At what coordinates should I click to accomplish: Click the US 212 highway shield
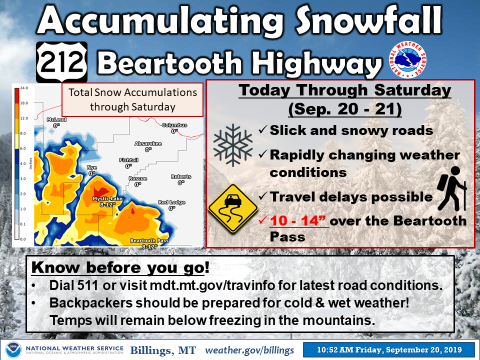click(x=62, y=62)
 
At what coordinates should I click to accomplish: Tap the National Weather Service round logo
click(x=407, y=59)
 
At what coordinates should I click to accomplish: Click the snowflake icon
click(x=233, y=145)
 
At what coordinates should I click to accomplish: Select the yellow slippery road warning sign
click(x=233, y=208)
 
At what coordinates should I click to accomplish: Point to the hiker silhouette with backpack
click(x=452, y=188)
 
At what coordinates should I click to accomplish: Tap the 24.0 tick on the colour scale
click(x=24, y=88)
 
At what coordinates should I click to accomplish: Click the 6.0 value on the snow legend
click(x=23, y=148)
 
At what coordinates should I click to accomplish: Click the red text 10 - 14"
click(x=299, y=220)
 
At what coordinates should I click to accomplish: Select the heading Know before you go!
click(x=120, y=267)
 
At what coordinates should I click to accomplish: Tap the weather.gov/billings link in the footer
click(x=249, y=350)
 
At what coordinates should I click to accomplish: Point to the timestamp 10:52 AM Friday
click(x=350, y=350)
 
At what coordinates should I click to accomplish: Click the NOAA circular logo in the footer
click(x=13, y=350)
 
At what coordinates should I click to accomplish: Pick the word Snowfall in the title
click(x=369, y=20)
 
